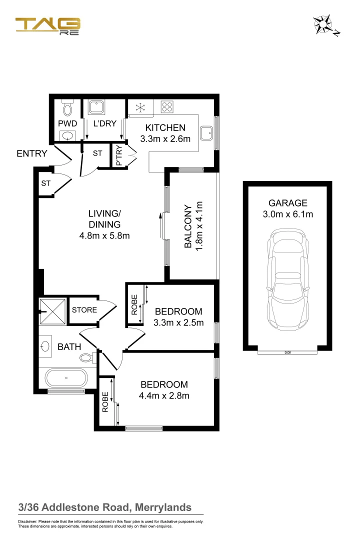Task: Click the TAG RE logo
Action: pos(47,26)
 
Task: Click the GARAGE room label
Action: pos(287,203)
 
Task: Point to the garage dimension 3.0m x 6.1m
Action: pos(287,215)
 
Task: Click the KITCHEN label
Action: pos(165,128)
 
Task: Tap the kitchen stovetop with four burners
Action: pos(166,106)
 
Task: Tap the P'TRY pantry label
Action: pos(119,156)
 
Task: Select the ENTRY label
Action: pos(32,153)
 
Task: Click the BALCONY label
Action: pos(187,226)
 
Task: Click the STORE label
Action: pos(84,310)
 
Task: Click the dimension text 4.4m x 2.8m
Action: pos(164,396)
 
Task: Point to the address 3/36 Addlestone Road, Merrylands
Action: pos(105,507)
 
